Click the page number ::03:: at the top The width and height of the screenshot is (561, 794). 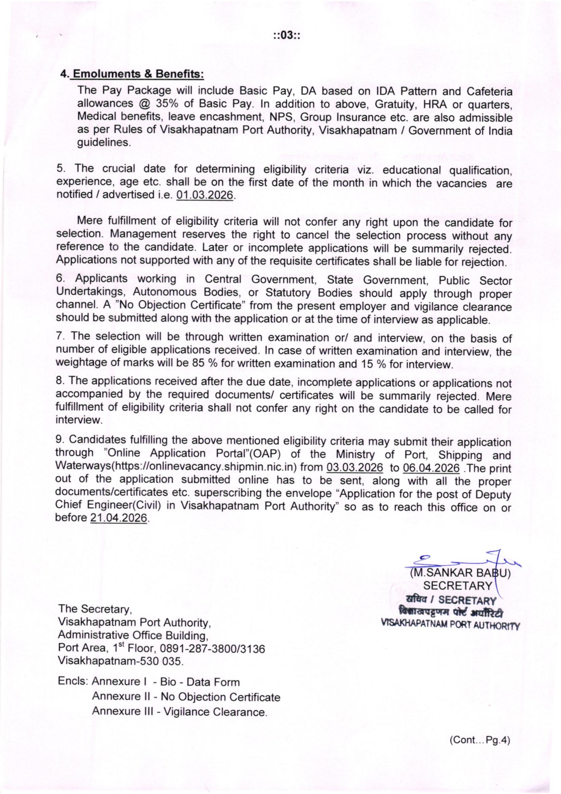[286, 36]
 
